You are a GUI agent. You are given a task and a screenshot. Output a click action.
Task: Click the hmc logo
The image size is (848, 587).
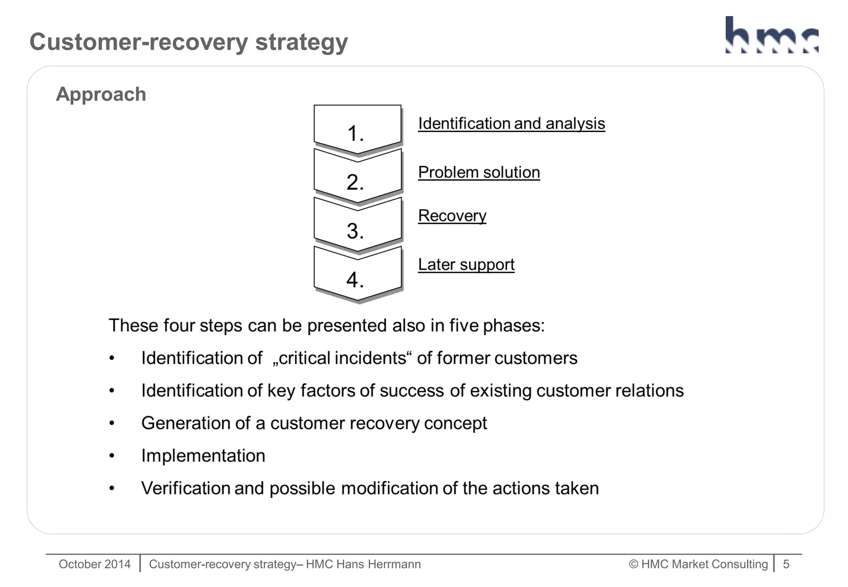pos(772,35)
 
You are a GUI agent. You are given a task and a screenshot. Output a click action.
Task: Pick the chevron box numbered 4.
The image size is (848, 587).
pos(357,275)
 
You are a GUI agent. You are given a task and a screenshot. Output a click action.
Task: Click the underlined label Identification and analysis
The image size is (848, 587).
pos(511,123)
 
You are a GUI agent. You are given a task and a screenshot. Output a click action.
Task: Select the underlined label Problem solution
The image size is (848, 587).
pos(479,172)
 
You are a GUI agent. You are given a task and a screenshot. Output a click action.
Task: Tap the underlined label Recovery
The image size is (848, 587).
pos(452,216)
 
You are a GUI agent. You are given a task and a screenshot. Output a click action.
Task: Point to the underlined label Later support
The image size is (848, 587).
pos(466,265)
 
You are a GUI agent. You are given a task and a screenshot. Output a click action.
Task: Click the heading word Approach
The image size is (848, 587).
pos(101,94)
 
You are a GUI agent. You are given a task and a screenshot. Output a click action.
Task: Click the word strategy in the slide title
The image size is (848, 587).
pos(301,42)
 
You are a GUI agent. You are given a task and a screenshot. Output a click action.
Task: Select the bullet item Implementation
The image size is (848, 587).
pos(203,456)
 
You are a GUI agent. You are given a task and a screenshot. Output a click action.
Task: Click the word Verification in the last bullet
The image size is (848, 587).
pos(185,488)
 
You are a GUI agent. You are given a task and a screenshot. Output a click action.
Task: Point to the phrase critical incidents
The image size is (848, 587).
pos(342,358)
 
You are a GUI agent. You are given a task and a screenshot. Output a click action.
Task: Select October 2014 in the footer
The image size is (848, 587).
pos(94,564)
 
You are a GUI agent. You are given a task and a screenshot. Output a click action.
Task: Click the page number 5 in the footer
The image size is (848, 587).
pos(786,564)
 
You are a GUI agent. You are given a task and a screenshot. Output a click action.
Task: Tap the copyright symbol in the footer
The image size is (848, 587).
pos(633,564)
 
